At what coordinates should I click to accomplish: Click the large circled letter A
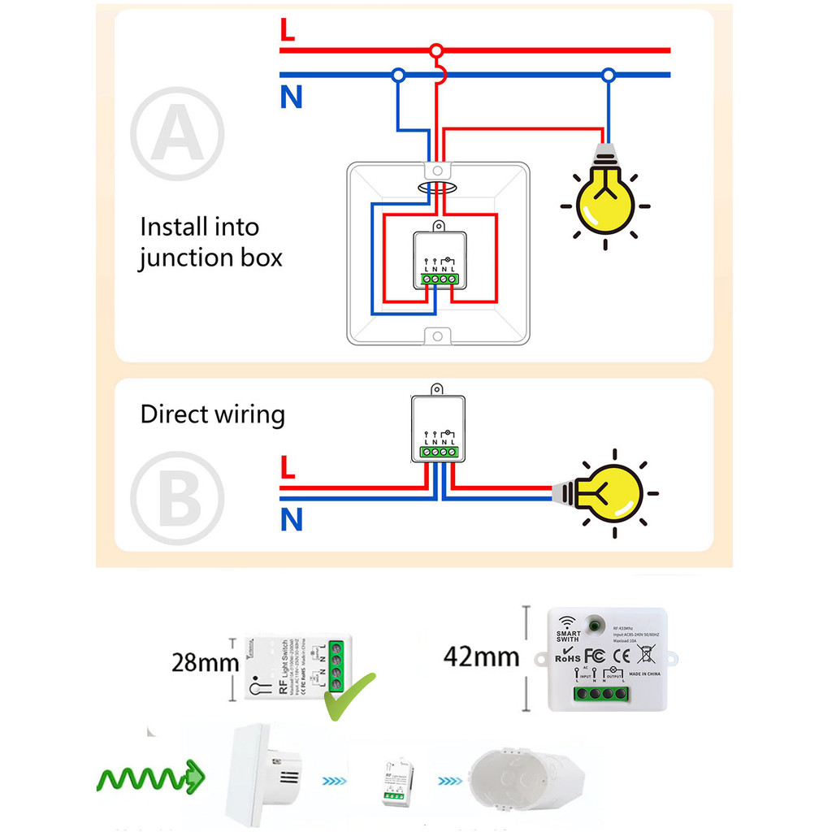[x=176, y=133]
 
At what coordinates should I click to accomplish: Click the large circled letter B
[x=176, y=498]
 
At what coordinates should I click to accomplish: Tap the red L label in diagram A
[x=287, y=30]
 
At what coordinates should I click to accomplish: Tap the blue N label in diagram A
[x=291, y=97]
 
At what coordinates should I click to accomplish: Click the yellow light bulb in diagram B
[x=609, y=492]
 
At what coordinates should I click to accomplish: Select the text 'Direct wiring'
[x=212, y=414]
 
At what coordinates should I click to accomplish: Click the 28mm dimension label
[x=205, y=662]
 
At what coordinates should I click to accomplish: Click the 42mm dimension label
[x=481, y=656]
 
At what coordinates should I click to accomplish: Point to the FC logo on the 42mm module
[x=594, y=655]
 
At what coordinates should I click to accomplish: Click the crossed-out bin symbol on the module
[x=646, y=654]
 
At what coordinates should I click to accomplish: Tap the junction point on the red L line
[x=437, y=50]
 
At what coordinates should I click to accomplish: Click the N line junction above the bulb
[x=608, y=76]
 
